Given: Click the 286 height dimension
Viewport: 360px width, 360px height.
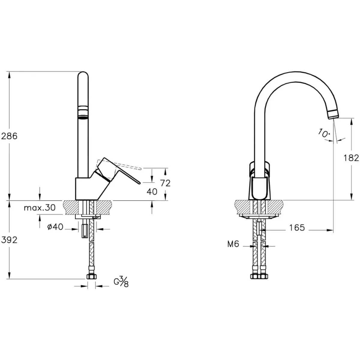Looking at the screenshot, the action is coord(9,136).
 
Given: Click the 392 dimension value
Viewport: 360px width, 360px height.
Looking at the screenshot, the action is coord(9,240).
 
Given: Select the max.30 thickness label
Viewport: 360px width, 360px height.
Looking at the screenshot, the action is coord(40,207).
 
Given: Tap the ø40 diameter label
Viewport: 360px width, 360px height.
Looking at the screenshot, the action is coord(55,227).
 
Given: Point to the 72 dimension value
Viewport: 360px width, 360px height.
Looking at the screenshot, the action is coord(165,183).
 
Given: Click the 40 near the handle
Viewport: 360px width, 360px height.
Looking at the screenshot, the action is coord(152,192).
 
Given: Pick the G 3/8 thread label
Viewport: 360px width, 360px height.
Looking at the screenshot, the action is coord(121,282).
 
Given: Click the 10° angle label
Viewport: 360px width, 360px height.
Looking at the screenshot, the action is coord(324,133).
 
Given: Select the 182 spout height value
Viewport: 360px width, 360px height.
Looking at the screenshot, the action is coord(351,158).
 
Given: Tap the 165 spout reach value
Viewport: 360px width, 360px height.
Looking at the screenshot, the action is coord(297,227).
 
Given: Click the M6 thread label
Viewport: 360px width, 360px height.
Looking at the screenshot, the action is coord(233,244).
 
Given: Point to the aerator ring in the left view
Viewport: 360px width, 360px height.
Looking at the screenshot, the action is coord(83,112).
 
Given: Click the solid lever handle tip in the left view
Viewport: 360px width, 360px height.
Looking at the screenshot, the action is coord(139,183).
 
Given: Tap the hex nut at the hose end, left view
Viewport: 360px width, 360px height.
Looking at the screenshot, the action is coord(91,277).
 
